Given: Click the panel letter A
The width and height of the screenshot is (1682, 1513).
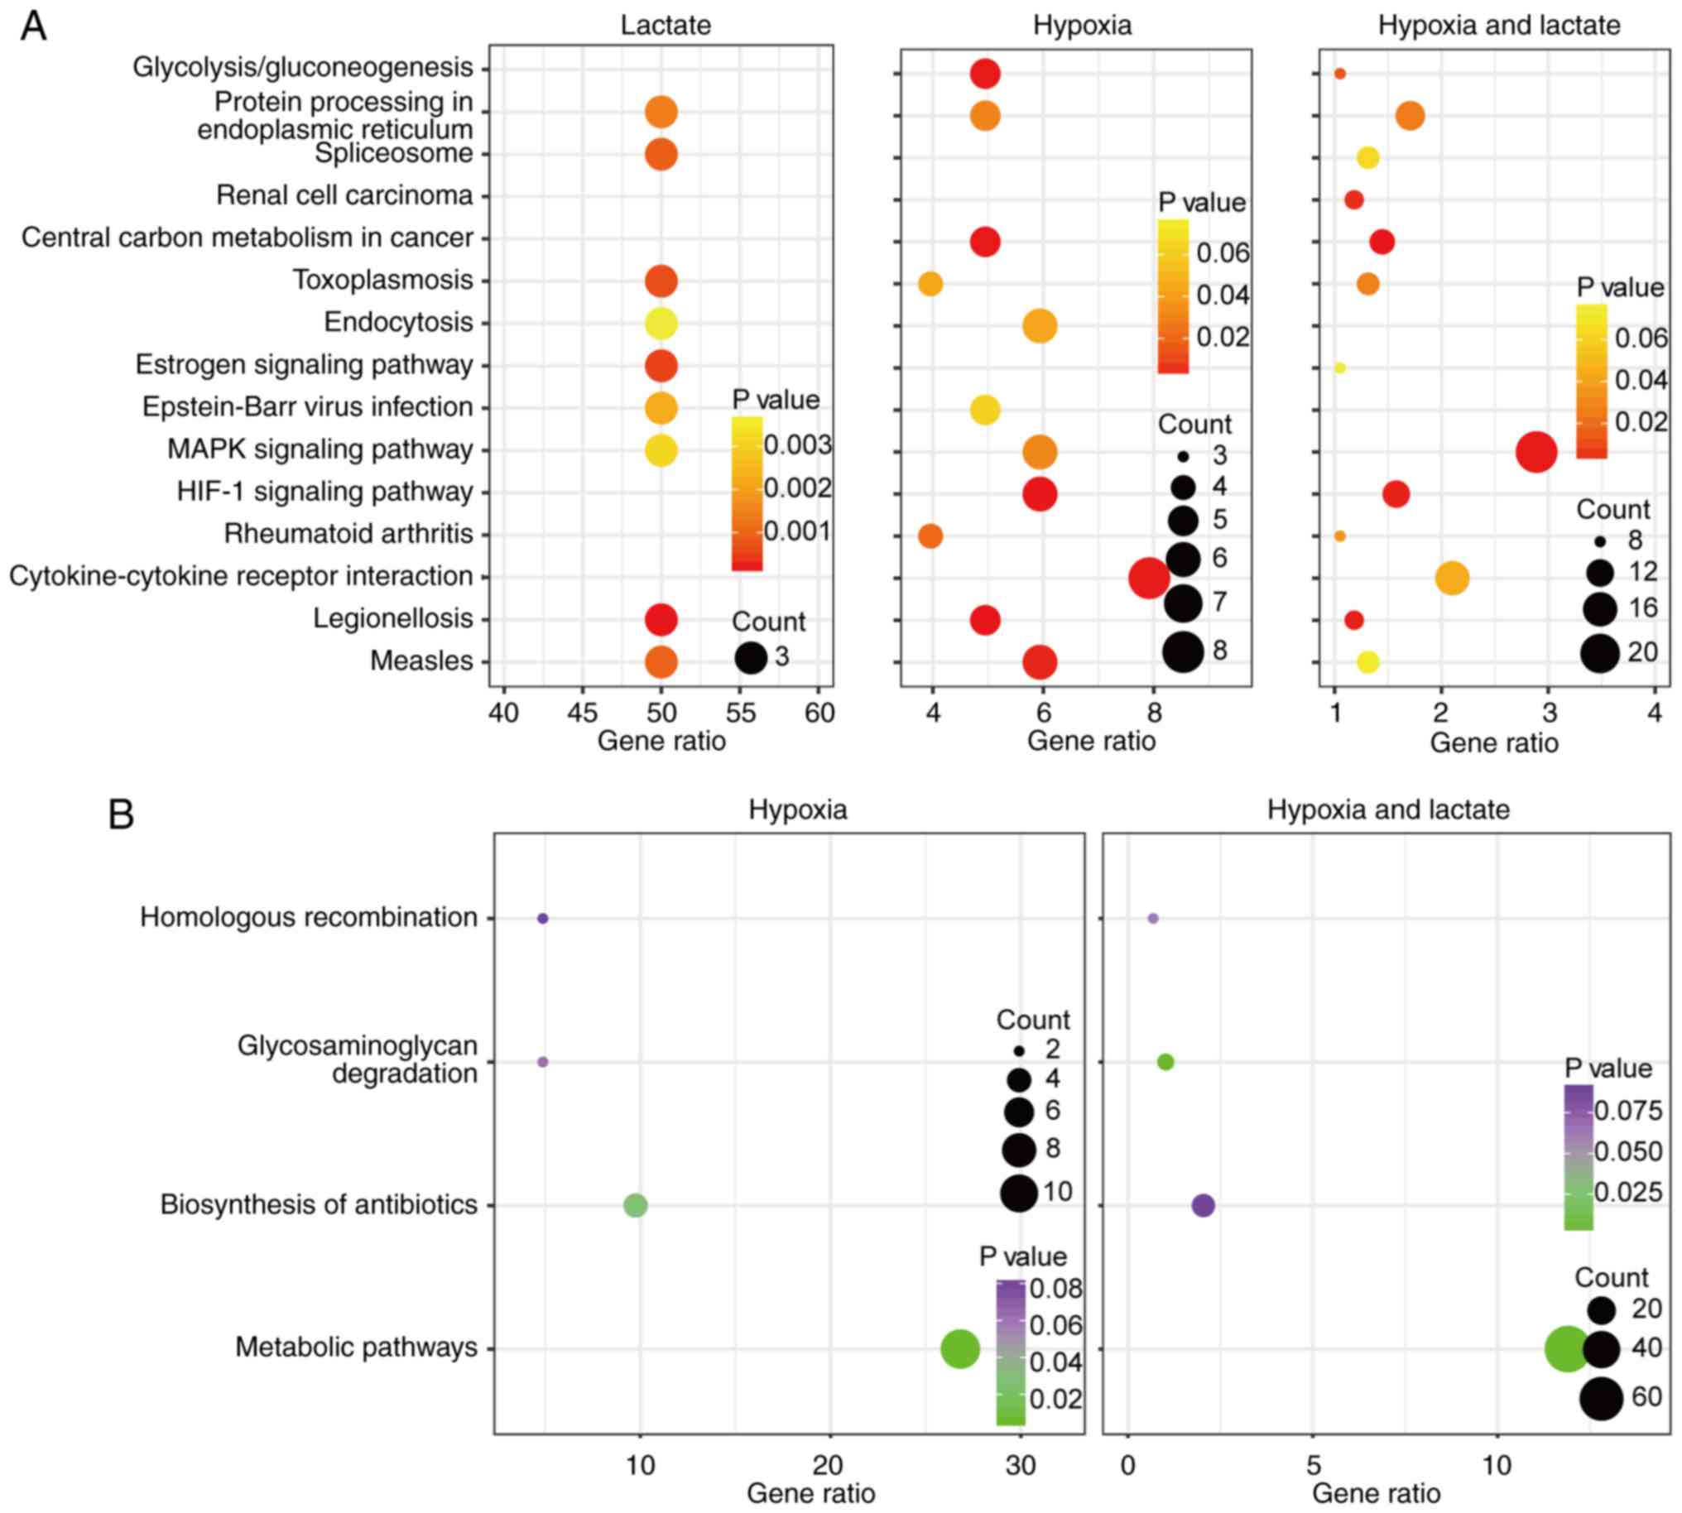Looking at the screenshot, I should click(x=33, y=26).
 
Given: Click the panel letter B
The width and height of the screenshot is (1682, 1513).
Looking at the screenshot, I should click(x=122, y=814).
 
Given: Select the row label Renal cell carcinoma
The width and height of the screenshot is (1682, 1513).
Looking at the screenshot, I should click(x=344, y=196).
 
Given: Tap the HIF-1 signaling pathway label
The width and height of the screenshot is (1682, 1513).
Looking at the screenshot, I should click(x=324, y=492).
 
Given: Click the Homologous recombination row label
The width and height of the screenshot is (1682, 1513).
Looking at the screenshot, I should click(x=309, y=918).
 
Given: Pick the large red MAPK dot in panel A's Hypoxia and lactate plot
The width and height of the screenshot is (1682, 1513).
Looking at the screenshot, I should click(x=1535, y=453).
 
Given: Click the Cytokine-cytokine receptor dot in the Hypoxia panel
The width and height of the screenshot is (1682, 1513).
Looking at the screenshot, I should click(x=1149, y=578).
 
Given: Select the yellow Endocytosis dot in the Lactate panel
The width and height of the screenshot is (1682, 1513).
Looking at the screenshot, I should click(x=661, y=324).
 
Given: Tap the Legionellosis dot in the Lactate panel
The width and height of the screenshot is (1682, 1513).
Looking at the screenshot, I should click(x=661, y=620).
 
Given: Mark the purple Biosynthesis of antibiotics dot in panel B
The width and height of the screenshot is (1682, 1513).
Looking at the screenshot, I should click(x=1203, y=1205).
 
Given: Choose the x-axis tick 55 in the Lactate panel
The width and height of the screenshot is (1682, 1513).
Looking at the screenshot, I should click(x=741, y=713).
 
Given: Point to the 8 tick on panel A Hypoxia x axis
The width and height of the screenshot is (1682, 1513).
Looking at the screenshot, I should click(x=1153, y=713).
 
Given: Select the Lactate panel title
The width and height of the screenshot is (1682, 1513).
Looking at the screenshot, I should click(x=666, y=26).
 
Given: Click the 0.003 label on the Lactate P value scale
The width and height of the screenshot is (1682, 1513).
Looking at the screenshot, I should click(x=797, y=445).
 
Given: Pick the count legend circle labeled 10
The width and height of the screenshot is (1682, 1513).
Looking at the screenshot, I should click(x=1019, y=1193).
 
